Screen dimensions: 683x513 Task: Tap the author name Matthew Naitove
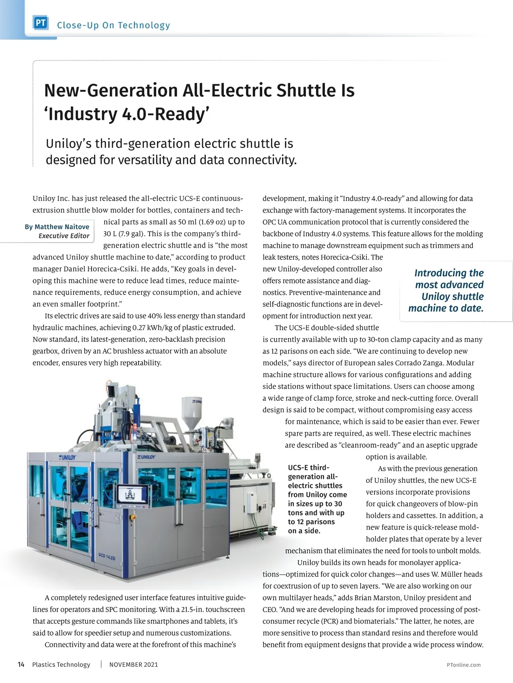click(62, 227)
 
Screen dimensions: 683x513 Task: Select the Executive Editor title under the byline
click(64, 236)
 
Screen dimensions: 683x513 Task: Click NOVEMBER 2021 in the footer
click(133, 664)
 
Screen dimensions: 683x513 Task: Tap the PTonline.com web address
click(463, 665)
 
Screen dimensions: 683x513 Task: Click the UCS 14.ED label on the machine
click(106, 557)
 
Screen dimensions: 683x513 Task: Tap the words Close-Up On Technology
click(113, 25)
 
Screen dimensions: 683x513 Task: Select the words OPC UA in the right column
click(276, 222)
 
